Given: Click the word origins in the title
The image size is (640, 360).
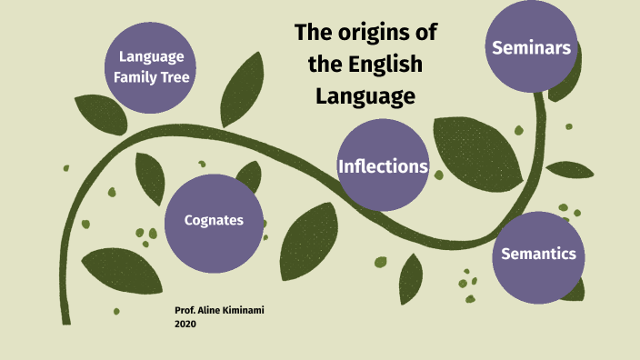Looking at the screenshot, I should (378, 35).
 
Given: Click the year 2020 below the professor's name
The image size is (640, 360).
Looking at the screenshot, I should (185, 323).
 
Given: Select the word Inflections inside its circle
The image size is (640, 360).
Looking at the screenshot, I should (383, 167).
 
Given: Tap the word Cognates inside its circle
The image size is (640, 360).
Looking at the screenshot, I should (214, 220).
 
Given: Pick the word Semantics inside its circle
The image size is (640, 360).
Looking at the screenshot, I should (539, 254).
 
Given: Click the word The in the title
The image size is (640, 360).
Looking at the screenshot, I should (314, 35).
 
